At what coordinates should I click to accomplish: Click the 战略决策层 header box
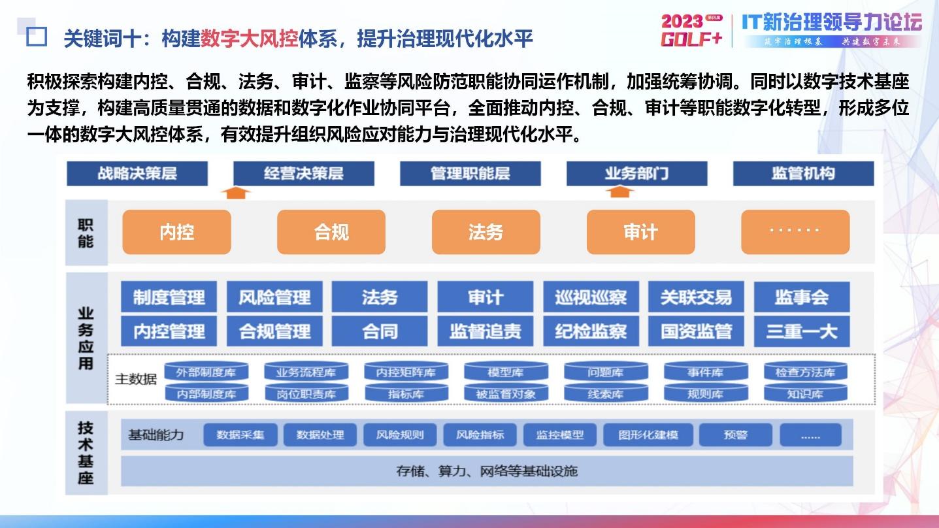point(137,174)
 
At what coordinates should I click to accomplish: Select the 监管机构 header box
point(803,174)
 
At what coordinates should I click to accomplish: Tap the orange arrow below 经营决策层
point(235,192)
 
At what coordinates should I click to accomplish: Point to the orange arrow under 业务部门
point(619,192)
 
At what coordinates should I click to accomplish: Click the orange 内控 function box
point(176,232)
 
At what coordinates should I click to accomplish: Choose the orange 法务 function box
point(486,232)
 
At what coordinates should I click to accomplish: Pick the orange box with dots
point(795,232)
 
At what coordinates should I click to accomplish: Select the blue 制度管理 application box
point(169,297)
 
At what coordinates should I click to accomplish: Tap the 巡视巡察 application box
point(591,297)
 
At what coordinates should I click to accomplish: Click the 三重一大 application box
point(802,331)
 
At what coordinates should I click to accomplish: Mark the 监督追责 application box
point(486,331)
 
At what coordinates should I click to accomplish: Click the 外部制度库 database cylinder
point(206,372)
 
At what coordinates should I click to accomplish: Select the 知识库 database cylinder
point(805,393)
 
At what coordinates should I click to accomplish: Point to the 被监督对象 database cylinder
point(506,393)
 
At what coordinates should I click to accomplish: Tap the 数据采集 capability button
point(240,435)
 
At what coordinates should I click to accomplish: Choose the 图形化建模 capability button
point(648,435)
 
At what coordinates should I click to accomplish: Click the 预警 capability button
point(735,435)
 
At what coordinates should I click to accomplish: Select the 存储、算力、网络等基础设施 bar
point(487,470)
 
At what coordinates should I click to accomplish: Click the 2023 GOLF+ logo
point(692,31)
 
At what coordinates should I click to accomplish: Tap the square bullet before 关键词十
point(37,37)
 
